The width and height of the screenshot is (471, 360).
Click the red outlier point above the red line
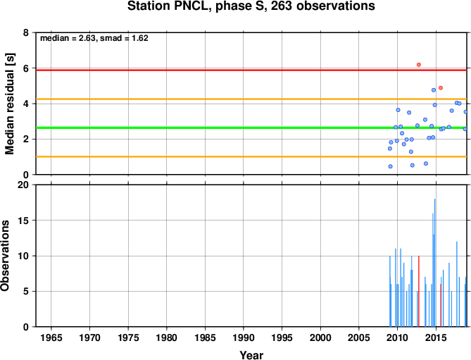click(419, 65)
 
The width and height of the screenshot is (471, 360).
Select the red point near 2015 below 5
click(441, 88)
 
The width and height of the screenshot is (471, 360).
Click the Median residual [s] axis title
click(10, 104)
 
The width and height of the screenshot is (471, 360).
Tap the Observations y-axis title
click(5, 256)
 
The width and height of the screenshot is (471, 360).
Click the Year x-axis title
click(251, 355)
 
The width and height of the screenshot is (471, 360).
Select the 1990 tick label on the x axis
click(244, 337)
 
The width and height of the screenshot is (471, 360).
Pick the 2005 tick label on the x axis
click(359, 337)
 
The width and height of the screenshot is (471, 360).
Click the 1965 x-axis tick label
click(51, 337)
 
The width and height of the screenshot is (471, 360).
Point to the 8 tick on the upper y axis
click(26, 32)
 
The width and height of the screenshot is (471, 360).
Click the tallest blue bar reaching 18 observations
click(434, 263)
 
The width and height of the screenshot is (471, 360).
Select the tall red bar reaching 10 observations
click(419, 291)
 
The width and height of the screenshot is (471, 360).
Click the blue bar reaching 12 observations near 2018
click(457, 284)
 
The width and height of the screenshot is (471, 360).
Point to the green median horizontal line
click(251, 128)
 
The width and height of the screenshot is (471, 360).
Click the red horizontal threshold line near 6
click(251, 70)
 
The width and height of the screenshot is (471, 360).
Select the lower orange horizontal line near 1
click(251, 156)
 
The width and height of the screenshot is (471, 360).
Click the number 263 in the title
click(282, 6)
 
